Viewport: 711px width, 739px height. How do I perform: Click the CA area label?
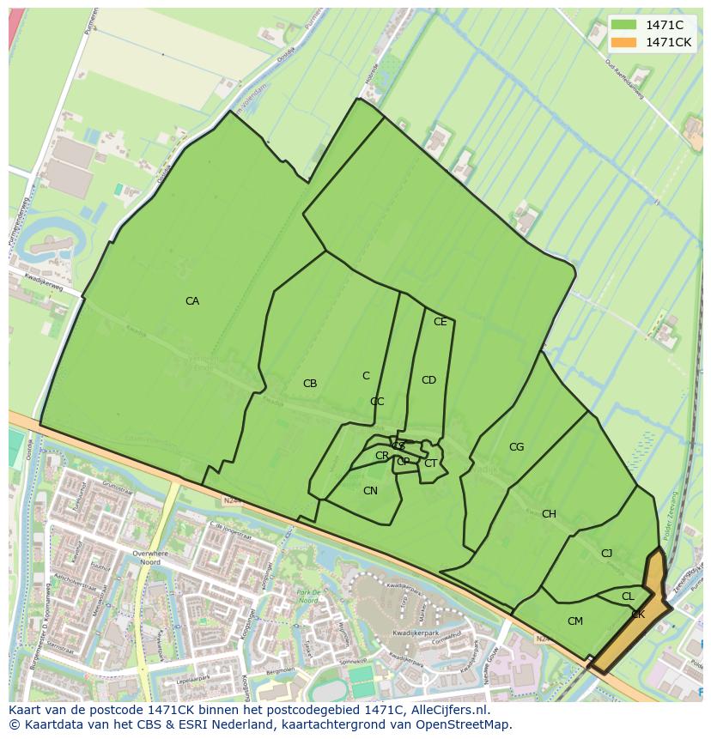click(x=192, y=301)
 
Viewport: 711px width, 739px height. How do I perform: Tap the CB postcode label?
click(x=310, y=384)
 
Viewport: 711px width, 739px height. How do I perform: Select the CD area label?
click(x=428, y=380)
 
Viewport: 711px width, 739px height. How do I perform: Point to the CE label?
click(x=441, y=322)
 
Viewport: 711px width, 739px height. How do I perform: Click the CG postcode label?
click(x=516, y=447)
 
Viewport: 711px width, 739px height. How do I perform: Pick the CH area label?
click(x=549, y=514)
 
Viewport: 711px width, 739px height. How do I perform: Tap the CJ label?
click(x=606, y=554)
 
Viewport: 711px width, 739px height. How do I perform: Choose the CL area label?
click(x=628, y=597)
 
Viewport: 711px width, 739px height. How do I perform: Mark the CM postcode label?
click(x=575, y=621)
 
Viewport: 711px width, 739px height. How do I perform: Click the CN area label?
click(x=370, y=491)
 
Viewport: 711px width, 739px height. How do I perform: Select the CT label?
click(x=430, y=463)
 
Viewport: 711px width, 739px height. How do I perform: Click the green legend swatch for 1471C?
click(x=624, y=25)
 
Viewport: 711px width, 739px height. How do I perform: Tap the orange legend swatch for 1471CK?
click(x=624, y=42)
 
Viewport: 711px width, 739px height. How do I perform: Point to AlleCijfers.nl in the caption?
click(x=448, y=710)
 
